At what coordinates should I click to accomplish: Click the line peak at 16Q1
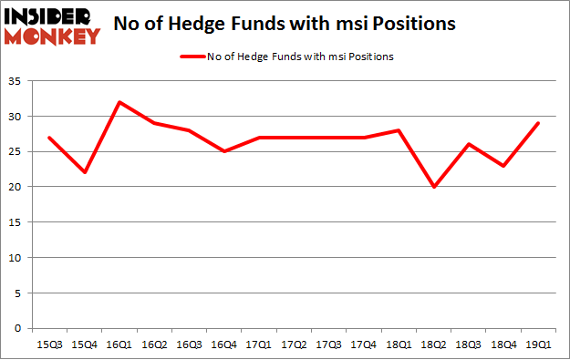pos(119,102)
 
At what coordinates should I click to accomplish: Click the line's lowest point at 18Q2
pos(435,187)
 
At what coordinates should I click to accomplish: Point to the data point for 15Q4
pos(84,172)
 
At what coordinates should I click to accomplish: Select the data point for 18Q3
pos(470,144)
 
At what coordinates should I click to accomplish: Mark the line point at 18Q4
pos(504,165)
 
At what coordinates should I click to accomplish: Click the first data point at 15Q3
pos(49,138)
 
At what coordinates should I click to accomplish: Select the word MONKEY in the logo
pos(52,36)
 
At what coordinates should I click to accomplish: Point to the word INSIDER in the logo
pos(50,16)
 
